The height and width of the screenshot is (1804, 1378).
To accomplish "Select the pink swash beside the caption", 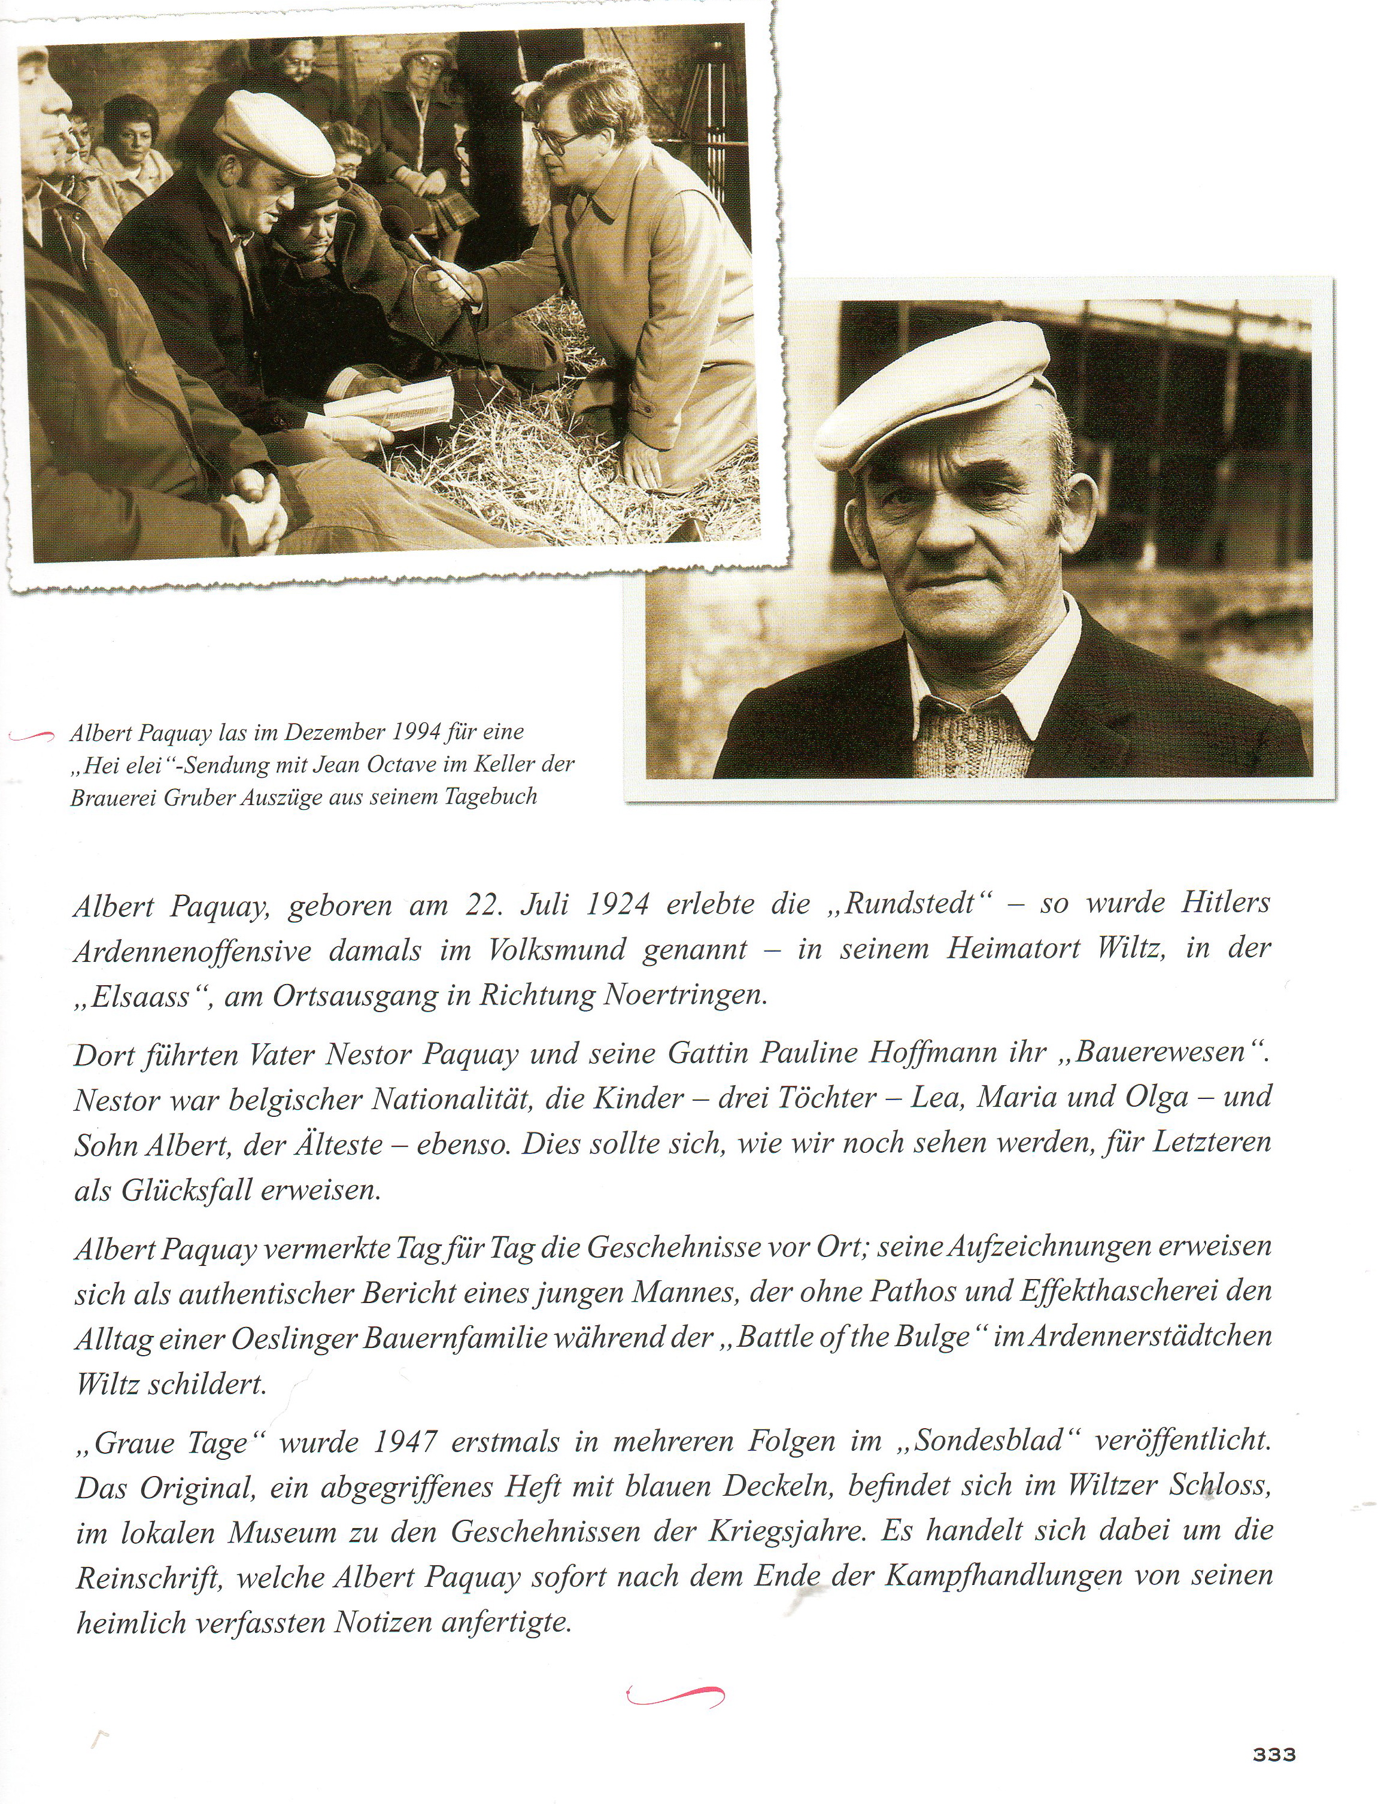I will (x=32, y=736).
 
